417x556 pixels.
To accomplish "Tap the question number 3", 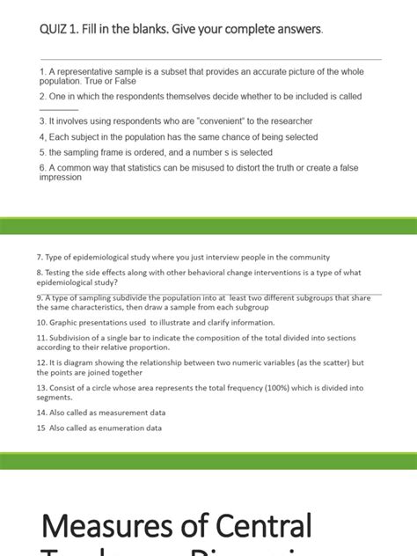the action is click(42, 121).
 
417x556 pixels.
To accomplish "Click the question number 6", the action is click(42, 167).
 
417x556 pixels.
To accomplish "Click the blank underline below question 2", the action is click(59, 108).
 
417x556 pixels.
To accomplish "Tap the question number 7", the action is click(40, 257).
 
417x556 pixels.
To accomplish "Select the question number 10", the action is click(41, 322).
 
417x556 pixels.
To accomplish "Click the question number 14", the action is click(41, 412).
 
